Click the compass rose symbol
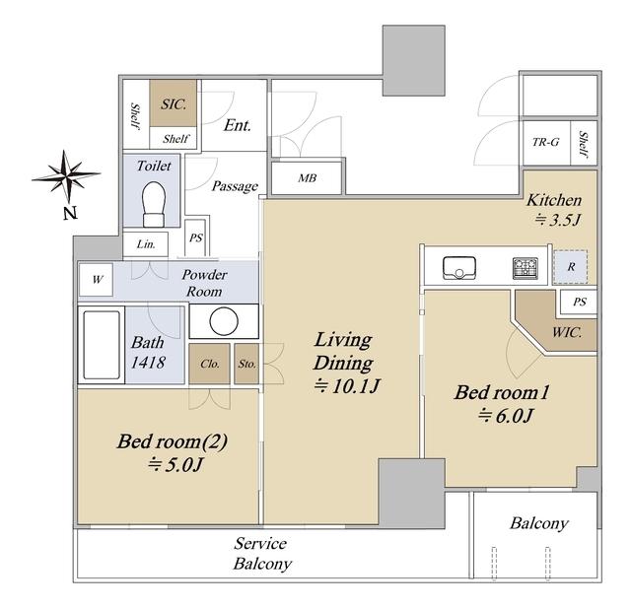66,176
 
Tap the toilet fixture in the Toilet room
154,204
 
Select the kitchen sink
458,268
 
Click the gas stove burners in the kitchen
526,268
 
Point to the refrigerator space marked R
570,267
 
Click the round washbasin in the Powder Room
224,321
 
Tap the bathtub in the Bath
102,345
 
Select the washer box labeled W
96,279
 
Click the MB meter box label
307,177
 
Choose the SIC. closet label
174,104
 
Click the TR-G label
545,142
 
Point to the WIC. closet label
567,332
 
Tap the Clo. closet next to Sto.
210,364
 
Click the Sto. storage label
247,364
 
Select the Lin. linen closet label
146,244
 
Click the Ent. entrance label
238,125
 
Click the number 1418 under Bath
148,362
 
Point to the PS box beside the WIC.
580,302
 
